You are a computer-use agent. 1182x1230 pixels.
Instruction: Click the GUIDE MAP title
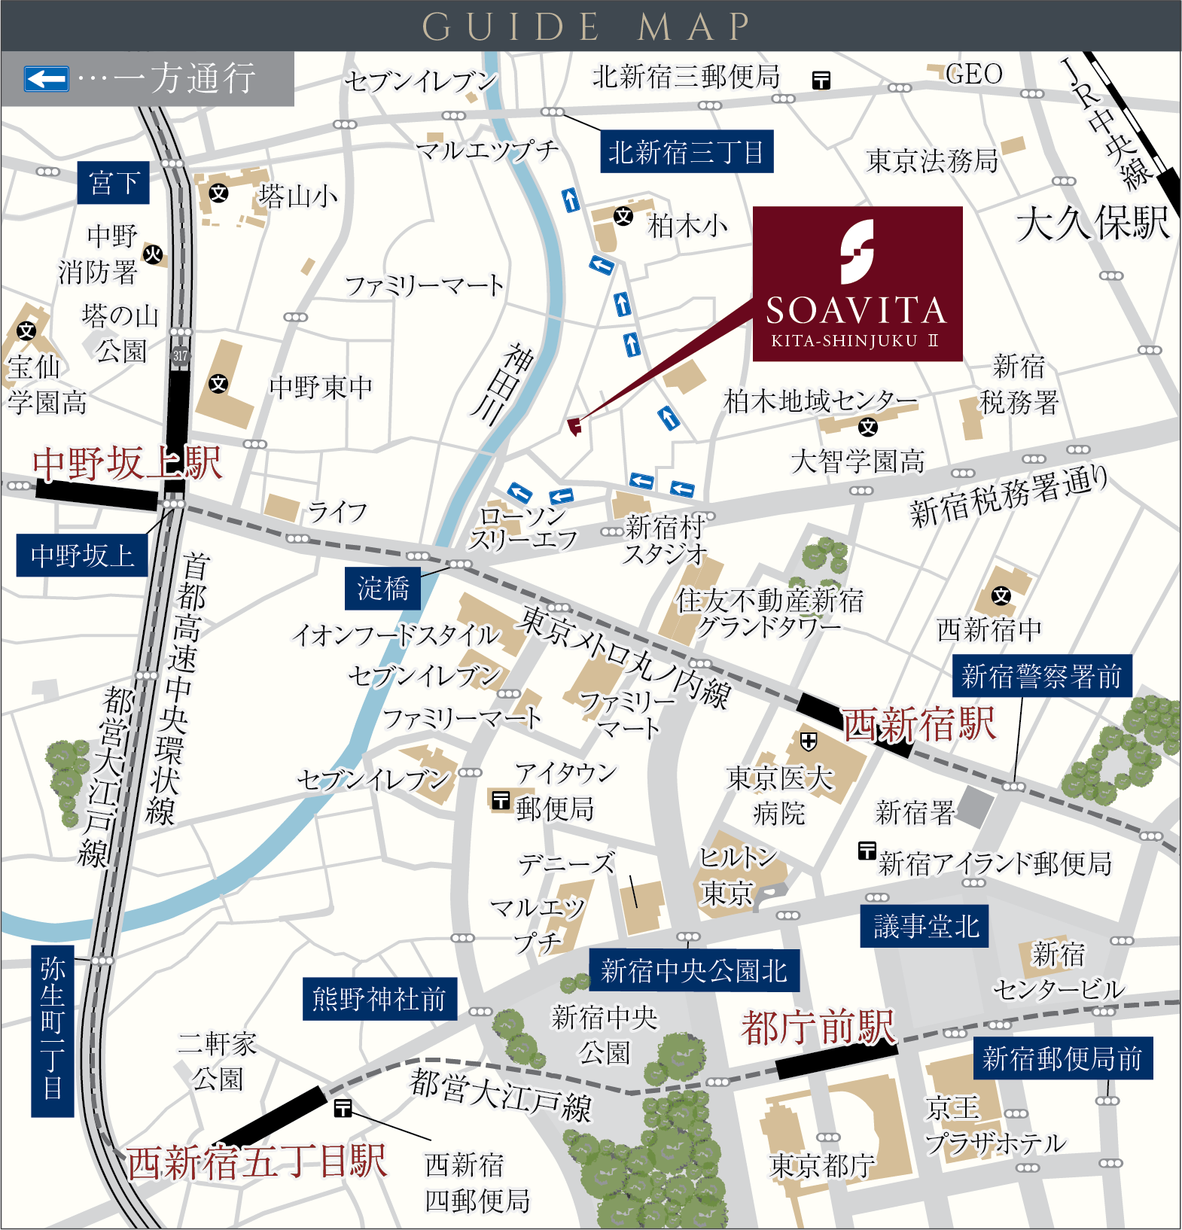[586, 26]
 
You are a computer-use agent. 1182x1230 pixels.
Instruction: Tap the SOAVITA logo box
[858, 284]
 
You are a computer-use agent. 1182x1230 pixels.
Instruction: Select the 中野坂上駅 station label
[127, 463]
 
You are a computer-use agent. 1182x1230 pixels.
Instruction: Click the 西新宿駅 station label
[919, 725]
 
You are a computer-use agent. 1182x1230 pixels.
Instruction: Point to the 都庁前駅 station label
[818, 1027]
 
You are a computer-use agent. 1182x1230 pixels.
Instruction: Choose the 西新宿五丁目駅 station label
[257, 1161]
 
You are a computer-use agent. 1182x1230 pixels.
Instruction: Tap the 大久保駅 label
[1093, 224]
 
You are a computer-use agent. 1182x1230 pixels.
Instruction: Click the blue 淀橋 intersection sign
[383, 588]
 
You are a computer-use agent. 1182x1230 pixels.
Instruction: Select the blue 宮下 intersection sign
[114, 183]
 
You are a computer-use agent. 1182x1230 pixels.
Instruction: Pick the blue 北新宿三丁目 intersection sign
[686, 153]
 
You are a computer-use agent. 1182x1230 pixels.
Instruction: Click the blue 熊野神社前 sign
[379, 999]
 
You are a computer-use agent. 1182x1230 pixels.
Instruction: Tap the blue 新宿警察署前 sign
[1041, 676]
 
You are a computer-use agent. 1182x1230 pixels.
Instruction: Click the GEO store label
[974, 74]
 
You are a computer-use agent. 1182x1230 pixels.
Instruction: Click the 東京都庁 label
[822, 1165]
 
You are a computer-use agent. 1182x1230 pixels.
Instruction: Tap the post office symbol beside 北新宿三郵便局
[821, 80]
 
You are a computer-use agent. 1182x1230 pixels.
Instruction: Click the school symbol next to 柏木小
[623, 217]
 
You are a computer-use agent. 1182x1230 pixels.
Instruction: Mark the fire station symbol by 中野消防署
[153, 254]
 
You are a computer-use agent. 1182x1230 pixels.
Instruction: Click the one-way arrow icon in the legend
[47, 78]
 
